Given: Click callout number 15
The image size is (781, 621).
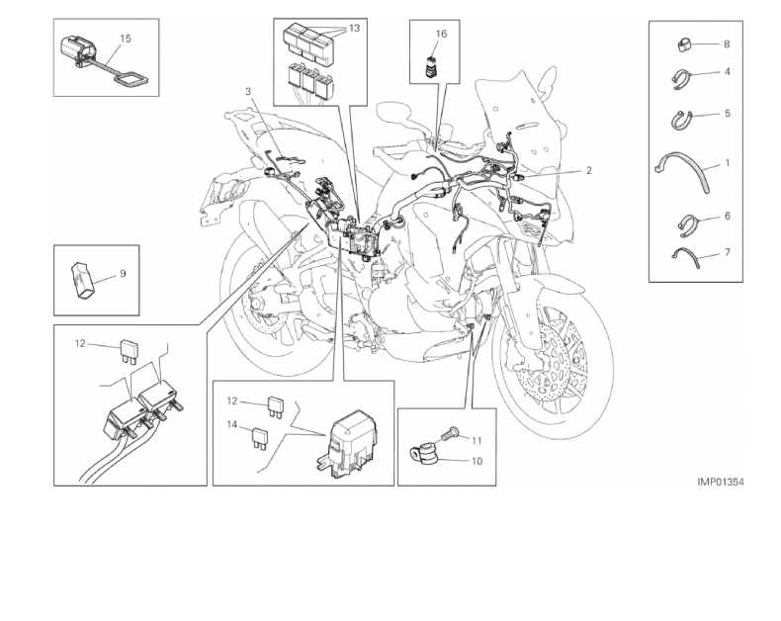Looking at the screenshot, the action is tap(126, 39).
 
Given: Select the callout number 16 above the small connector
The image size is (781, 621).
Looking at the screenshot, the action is tap(441, 34).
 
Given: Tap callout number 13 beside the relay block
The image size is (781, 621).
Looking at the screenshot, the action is tap(354, 29).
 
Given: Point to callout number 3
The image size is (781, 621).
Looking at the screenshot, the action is tap(248, 91).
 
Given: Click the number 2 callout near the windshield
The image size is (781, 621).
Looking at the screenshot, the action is tap(589, 170).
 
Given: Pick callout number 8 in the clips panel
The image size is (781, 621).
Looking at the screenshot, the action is tap(727, 44).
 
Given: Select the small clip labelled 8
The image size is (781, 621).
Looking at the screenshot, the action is tap(684, 44).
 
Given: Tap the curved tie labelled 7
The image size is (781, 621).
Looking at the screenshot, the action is tap(686, 256).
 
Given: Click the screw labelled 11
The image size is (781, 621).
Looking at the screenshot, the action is tap(450, 433).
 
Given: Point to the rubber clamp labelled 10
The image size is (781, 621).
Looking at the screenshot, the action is tap(423, 454).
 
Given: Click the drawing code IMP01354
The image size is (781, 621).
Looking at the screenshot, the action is tap(721, 482).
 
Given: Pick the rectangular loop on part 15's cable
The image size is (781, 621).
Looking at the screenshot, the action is tap(131, 80).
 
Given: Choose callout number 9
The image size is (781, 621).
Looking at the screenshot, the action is tap(123, 274).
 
